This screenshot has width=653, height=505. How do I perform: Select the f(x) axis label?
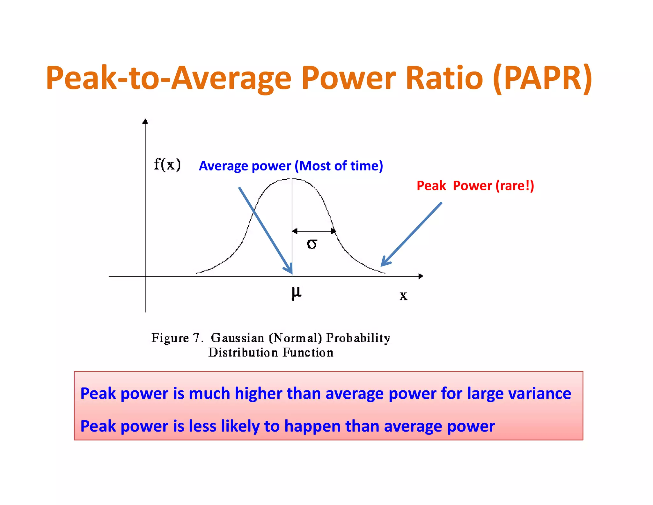click(x=167, y=165)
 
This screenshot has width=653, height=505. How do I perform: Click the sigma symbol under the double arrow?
click(x=312, y=244)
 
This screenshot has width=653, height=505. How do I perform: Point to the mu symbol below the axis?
click(x=296, y=293)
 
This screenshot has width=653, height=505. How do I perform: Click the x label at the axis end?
click(x=403, y=296)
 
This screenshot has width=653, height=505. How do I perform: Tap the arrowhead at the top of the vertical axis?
click(x=145, y=121)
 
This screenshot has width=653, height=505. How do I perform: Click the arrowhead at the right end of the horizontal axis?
click(x=421, y=276)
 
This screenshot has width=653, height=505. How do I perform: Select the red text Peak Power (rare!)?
click(x=475, y=185)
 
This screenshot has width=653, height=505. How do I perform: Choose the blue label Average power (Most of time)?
click(x=291, y=166)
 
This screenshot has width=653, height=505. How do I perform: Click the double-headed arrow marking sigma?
click(x=314, y=231)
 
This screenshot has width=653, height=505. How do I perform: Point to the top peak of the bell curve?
click(x=292, y=179)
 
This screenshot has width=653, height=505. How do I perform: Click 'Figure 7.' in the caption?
click(x=177, y=338)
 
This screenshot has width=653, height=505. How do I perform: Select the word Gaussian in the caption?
click(x=238, y=338)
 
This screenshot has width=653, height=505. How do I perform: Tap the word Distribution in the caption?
click(x=243, y=352)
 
